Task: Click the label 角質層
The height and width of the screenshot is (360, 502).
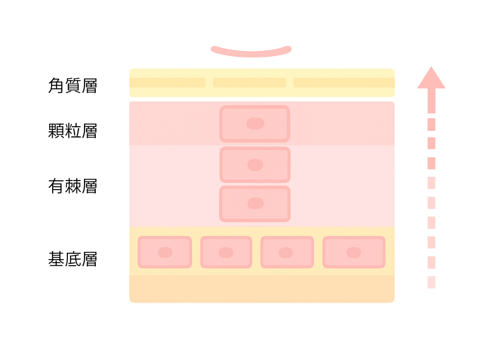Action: pos(72,86)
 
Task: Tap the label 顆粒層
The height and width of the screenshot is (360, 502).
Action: pos(72,131)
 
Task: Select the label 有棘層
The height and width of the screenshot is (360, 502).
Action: pos(72,187)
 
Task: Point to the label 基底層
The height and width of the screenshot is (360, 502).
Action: pos(72,259)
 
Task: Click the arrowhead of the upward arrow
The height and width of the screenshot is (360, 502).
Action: pos(431,78)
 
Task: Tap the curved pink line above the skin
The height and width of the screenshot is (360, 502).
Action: pos(251,52)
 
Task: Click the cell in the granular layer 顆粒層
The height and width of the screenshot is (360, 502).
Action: pos(255,124)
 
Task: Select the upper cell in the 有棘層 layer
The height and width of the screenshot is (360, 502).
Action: pos(255,165)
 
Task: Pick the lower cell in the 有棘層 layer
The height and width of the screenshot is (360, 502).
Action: pos(255,204)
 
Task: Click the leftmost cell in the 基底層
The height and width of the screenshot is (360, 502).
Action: pos(165,252)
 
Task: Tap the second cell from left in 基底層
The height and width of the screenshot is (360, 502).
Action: pos(226,252)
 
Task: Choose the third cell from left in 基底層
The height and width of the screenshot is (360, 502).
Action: pos(287,252)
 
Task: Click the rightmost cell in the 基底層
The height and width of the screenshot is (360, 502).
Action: pos(354,252)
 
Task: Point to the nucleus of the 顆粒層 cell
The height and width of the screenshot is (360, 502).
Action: pos(255,124)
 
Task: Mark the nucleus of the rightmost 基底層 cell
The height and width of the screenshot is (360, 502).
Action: pos(354,253)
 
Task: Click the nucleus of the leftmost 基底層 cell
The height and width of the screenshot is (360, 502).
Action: pos(165,253)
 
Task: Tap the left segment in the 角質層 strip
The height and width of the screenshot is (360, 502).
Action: pos(167,83)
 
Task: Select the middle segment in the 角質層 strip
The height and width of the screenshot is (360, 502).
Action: pos(249,83)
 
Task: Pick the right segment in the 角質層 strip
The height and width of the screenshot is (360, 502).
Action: pos(344,83)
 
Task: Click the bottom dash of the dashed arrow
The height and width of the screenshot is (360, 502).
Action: pos(431,282)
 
